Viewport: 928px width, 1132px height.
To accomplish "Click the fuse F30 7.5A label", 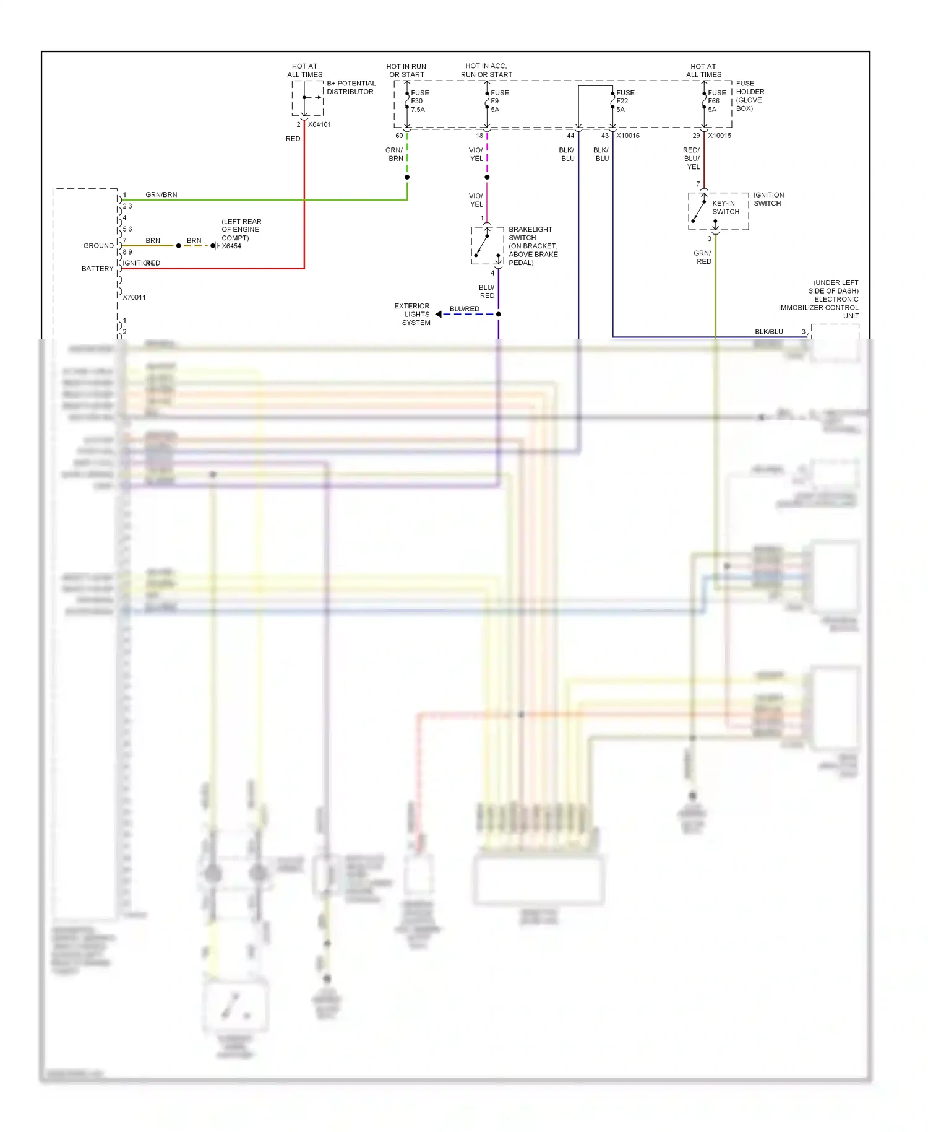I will pyautogui.click(x=419, y=101).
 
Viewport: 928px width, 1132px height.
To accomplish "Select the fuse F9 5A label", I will pyautogui.click(x=499, y=101).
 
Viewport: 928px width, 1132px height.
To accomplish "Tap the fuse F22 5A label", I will pyautogui.click(x=624, y=101).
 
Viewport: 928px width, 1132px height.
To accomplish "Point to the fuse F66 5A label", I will pyautogui.click(x=716, y=101).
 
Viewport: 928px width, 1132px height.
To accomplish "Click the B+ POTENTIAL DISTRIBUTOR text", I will pyautogui.click(x=350, y=87).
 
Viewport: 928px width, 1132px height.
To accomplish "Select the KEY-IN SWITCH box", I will pyautogui.click(x=718, y=211).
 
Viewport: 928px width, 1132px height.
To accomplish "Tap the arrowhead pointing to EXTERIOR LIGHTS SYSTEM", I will pyautogui.click(x=438, y=315).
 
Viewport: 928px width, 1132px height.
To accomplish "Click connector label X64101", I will pyautogui.click(x=319, y=124).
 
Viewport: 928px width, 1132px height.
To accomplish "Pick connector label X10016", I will pyautogui.click(x=627, y=136).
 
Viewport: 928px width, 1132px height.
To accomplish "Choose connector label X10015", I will pyautogui.click(x=719, y=136).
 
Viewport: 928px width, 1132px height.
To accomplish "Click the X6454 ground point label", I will pyautogui.click(x=231, y=246).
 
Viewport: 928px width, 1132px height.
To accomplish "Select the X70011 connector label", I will pyautogui.click(x=134, y=298).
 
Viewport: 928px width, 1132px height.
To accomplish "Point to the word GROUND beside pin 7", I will pyautogui.click(x=98, y=246).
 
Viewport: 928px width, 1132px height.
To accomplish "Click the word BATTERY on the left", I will pyautogui.click(x=97, y=269).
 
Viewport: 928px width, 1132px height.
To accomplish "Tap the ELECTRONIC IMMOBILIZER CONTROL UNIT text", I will pyautogui.click(x=822, y=303).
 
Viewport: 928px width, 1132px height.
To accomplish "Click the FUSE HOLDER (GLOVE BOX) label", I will pyautogui.click(x=749, y=96).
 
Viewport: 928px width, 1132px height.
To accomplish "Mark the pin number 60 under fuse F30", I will pyautogui.click(x=399, y=136).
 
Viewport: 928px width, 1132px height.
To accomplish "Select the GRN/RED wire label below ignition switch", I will pyautogui.click(x=703, y=258).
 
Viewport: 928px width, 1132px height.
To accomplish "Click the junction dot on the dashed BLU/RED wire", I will pyautogui.click(x=498, y=315).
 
